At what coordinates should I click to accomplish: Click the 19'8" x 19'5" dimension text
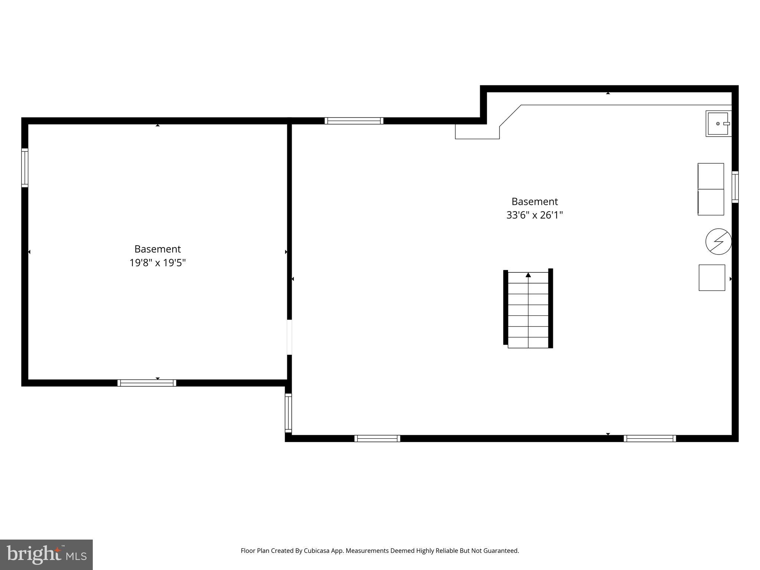coord(157,263)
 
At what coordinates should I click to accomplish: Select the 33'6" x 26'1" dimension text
coord(534,215)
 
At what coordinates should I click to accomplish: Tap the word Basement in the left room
coord(157,249)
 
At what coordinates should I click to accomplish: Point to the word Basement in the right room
coord(534,202)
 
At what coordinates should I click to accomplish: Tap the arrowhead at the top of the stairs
coord(528,275)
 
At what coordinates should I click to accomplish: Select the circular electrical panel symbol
coord(718,242)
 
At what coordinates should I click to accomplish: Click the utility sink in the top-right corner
coord(718,124)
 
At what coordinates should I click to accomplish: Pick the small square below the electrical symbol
coord(712,278)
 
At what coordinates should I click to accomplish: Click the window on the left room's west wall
coord(25,168)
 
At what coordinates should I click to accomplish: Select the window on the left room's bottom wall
coord(147,383)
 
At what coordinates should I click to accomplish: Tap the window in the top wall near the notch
coord(354,121)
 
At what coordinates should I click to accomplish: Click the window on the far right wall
coord(735,187)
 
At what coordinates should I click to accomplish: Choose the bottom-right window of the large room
coord(649,438)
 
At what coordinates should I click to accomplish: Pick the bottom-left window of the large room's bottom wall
coord(377,438)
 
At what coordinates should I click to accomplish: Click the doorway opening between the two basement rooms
coord(289,337)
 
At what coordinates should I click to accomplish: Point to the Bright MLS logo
coord(46,554)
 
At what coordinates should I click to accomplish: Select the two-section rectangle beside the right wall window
coord(711,189)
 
